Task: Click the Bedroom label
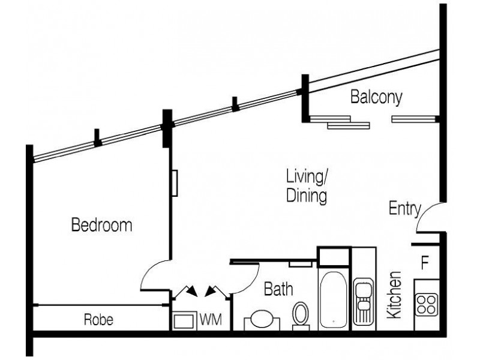tap(101, 226)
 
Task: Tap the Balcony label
tap(376, 97)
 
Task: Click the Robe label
tap(98, 320)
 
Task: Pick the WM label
tap(211, 320)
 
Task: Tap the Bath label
tap(279, 290)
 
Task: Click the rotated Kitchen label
tap(394, 295)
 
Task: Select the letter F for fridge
tap(425, 262)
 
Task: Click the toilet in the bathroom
tap(301, 316)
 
